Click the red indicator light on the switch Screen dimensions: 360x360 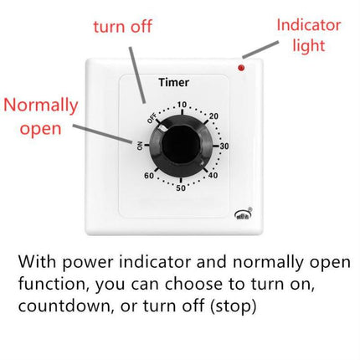(x=241, y=68)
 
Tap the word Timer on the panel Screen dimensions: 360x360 (x=173, y=82)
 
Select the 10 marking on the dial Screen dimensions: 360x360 (x=182, y=105)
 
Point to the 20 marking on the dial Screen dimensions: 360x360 (x=213, y=116)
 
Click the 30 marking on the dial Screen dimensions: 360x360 (x=224, y=146)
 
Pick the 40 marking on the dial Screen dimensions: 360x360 (x=213, y=175)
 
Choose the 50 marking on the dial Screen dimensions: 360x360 (x=181, y=188)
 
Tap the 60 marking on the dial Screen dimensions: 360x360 (x=149, y=176)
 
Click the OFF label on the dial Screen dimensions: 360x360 (x=152, y=119)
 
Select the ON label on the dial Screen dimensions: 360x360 (x=140, y=146)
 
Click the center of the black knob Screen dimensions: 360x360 (x=181, y=145)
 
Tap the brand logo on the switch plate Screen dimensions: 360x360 (x=243, y=213)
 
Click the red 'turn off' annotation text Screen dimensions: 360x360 (x=123, y=27)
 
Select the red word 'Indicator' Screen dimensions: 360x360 (x=309, y=25)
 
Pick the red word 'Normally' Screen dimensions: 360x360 (x=41, y=106)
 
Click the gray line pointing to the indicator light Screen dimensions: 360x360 (x=260, y=49)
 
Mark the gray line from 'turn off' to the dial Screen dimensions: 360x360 (x=137, y=75)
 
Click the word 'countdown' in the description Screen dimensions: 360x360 (x=65, y=306)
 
